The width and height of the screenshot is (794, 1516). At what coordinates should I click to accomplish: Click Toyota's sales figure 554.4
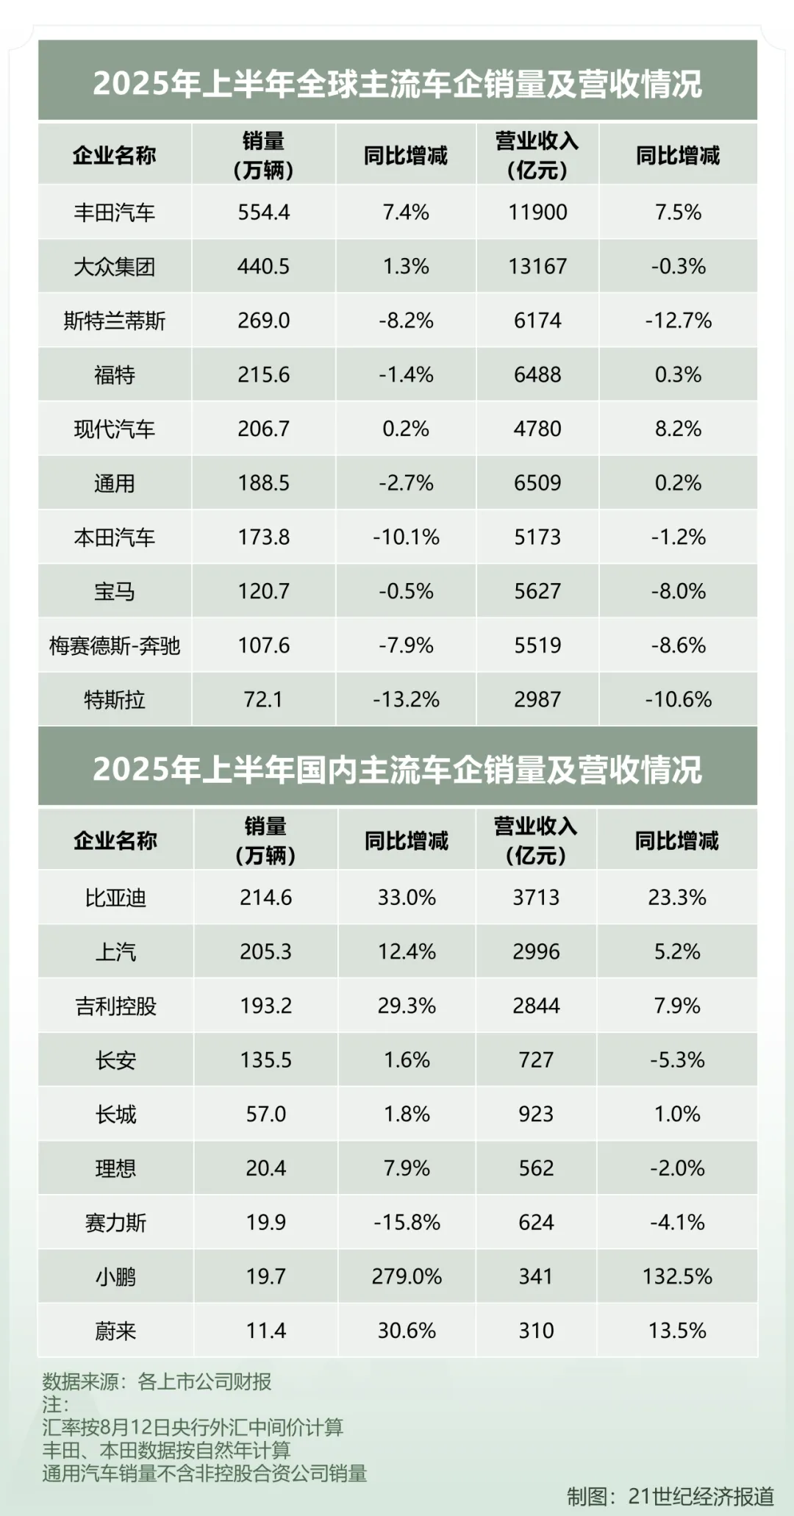pyautogui.click(x=263, y=212)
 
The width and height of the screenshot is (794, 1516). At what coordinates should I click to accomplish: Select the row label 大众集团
pyautogui.click(x=115, y=266)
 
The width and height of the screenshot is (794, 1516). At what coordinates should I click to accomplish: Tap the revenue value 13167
pyautogui.click(x=537, y=266)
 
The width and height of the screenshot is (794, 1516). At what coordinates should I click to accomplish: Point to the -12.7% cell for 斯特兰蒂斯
pyautogui.click(x=678, y=321)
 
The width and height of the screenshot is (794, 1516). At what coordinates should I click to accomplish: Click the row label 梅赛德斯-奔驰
pyautogui.click(x=115, y=646)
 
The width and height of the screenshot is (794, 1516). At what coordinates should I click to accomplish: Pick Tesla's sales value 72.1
pyautogui.click(x=263, y=699)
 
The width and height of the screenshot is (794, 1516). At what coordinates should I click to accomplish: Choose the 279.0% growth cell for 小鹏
pyautogui.click(x=407, y=1276)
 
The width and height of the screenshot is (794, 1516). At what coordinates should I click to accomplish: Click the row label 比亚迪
pyautogui.click(x=115, y=898)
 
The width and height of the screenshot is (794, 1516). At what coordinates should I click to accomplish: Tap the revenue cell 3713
pyautogui.click(x=536, y=898)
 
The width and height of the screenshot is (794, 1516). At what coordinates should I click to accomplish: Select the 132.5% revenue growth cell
pyautogui.click(x=677, y=1276)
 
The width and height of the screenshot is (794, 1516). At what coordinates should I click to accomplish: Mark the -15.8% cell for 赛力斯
pyautogui.click(x=407, y=1222)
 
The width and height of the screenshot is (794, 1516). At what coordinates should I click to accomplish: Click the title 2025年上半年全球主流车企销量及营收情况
pyautogui.click(x=397, y=83)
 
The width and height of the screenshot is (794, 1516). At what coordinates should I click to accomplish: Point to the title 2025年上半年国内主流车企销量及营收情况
pyautogui.click(x=397, y=769)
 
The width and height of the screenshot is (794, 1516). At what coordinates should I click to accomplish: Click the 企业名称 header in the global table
pyautogui.click(x=115, y=155)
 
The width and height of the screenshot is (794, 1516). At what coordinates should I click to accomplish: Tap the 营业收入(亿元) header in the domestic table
pyautogui.click(x=536, y=840)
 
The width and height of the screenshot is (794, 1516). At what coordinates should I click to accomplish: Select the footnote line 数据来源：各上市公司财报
pyautogui.click(x=157, y=1381)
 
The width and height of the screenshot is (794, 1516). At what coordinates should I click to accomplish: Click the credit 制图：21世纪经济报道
pyautogui.click(x=670, y=1495)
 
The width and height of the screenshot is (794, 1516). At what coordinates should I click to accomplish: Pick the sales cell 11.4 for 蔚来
pyautogui.click(x=265, y=1331)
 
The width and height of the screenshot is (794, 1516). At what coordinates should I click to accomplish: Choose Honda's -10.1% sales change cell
pyautogui.click(x=406, y=537)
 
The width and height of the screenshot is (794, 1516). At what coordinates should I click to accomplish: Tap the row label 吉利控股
pyautogui.click(x=115, y=1006)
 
